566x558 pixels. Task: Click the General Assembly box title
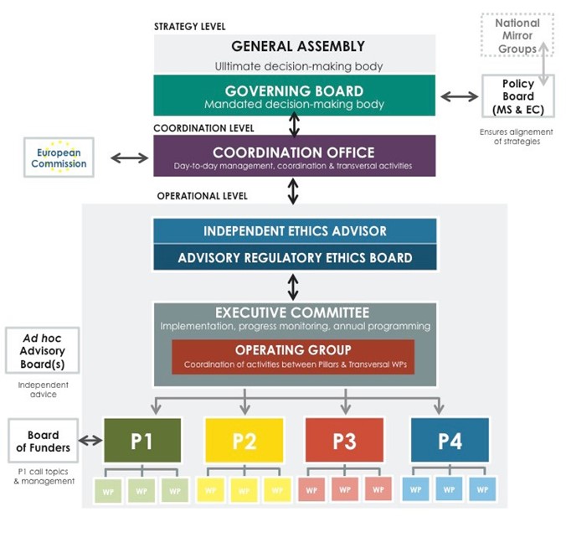coord(298,47)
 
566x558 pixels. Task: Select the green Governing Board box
coord(294,96)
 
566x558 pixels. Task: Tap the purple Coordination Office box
coord(294,157)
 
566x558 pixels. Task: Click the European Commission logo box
coord(59,158)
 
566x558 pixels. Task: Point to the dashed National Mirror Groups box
coord(517,35)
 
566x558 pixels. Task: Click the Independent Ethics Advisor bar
coord(295,231)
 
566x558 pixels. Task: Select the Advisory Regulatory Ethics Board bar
coord(295,257)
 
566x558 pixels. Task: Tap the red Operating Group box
coord(293,356)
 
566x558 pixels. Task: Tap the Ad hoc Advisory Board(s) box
coord(42,351)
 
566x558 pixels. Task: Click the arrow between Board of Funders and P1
coord(90,441)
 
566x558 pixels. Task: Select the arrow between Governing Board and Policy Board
coord(459,96)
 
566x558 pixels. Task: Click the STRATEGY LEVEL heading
coord(189,27)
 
